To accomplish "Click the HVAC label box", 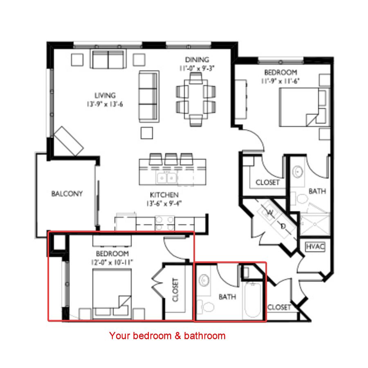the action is (315, 247).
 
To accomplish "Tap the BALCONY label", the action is (67, 194).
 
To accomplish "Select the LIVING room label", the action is (105, 95).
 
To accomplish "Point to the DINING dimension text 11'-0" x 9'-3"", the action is (197, 68).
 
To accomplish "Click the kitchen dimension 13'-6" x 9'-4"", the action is (164, 203).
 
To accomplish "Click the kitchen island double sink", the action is (167, 178).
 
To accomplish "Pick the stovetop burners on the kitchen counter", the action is (164, 223).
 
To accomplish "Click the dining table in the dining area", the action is (196, 99).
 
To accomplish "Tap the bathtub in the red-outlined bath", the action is (253, 300).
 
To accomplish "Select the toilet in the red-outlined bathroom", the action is (206, 307).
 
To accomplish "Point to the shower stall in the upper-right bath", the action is (315, 224).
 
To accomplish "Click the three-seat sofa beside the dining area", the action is (149, 97).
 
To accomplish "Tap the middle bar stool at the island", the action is (171, 159).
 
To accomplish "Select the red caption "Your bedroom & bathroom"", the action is (167, 336).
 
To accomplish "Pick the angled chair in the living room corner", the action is (69, 141).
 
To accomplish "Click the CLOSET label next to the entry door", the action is (279, 307).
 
